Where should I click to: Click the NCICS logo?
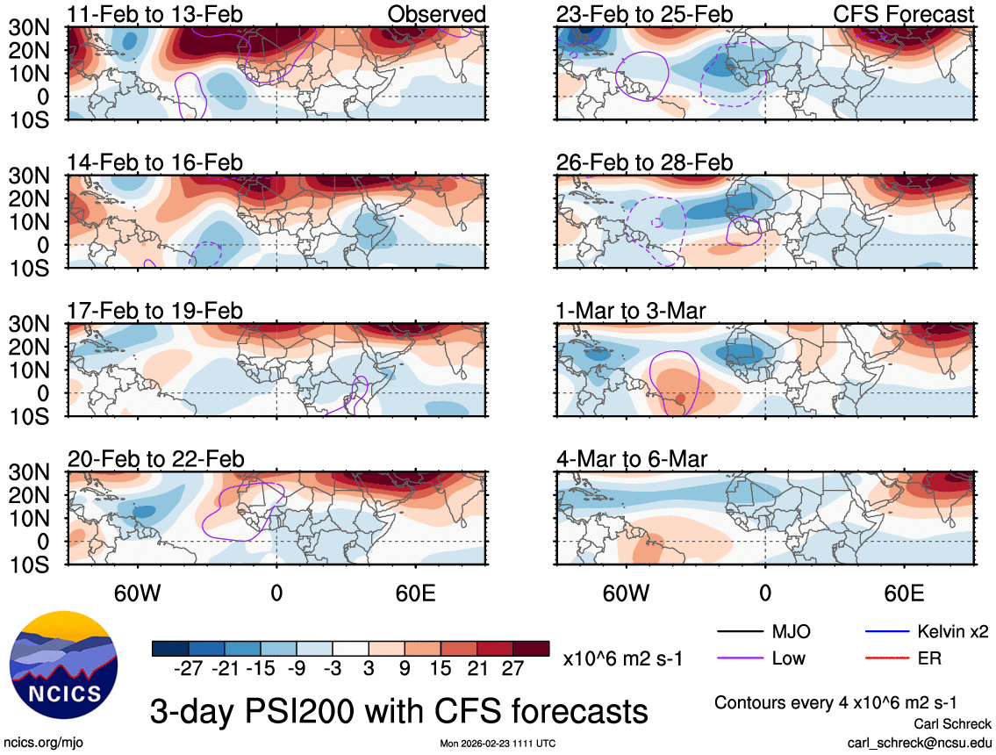coord(61,665)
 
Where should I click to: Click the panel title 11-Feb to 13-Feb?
coord(155,15)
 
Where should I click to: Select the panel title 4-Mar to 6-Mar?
coord(632,459)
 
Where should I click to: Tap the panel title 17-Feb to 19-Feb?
coord(155,312)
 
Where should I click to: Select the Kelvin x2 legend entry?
coord(952,631)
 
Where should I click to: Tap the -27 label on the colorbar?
coord(189,669)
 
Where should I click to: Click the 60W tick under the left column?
coord(138,592)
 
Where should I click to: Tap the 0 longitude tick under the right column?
coord(765,592)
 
